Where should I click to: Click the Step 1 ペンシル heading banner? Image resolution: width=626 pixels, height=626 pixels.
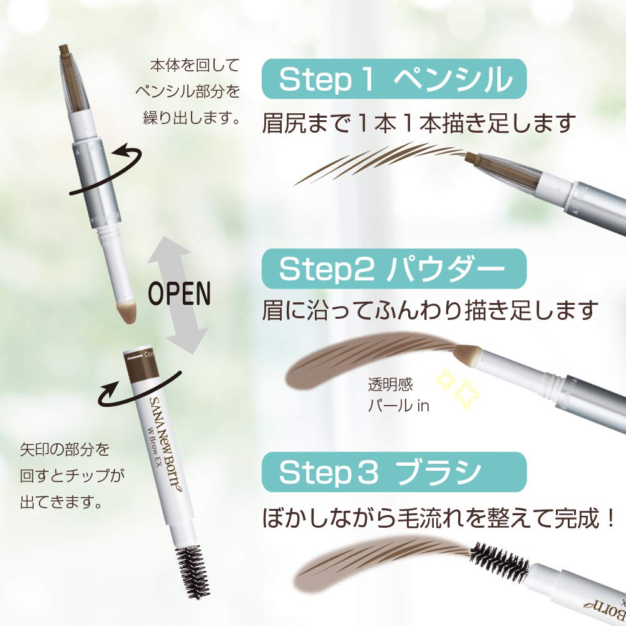394,79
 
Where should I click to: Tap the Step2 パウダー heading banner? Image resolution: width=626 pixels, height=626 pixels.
394,269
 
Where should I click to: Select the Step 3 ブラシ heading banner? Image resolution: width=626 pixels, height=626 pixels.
394,473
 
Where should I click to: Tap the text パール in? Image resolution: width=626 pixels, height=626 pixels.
398,405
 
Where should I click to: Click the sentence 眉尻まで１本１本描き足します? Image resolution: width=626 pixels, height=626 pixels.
418,123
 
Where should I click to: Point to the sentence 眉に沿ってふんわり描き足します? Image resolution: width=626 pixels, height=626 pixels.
429,309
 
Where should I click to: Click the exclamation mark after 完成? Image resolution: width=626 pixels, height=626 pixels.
608,518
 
